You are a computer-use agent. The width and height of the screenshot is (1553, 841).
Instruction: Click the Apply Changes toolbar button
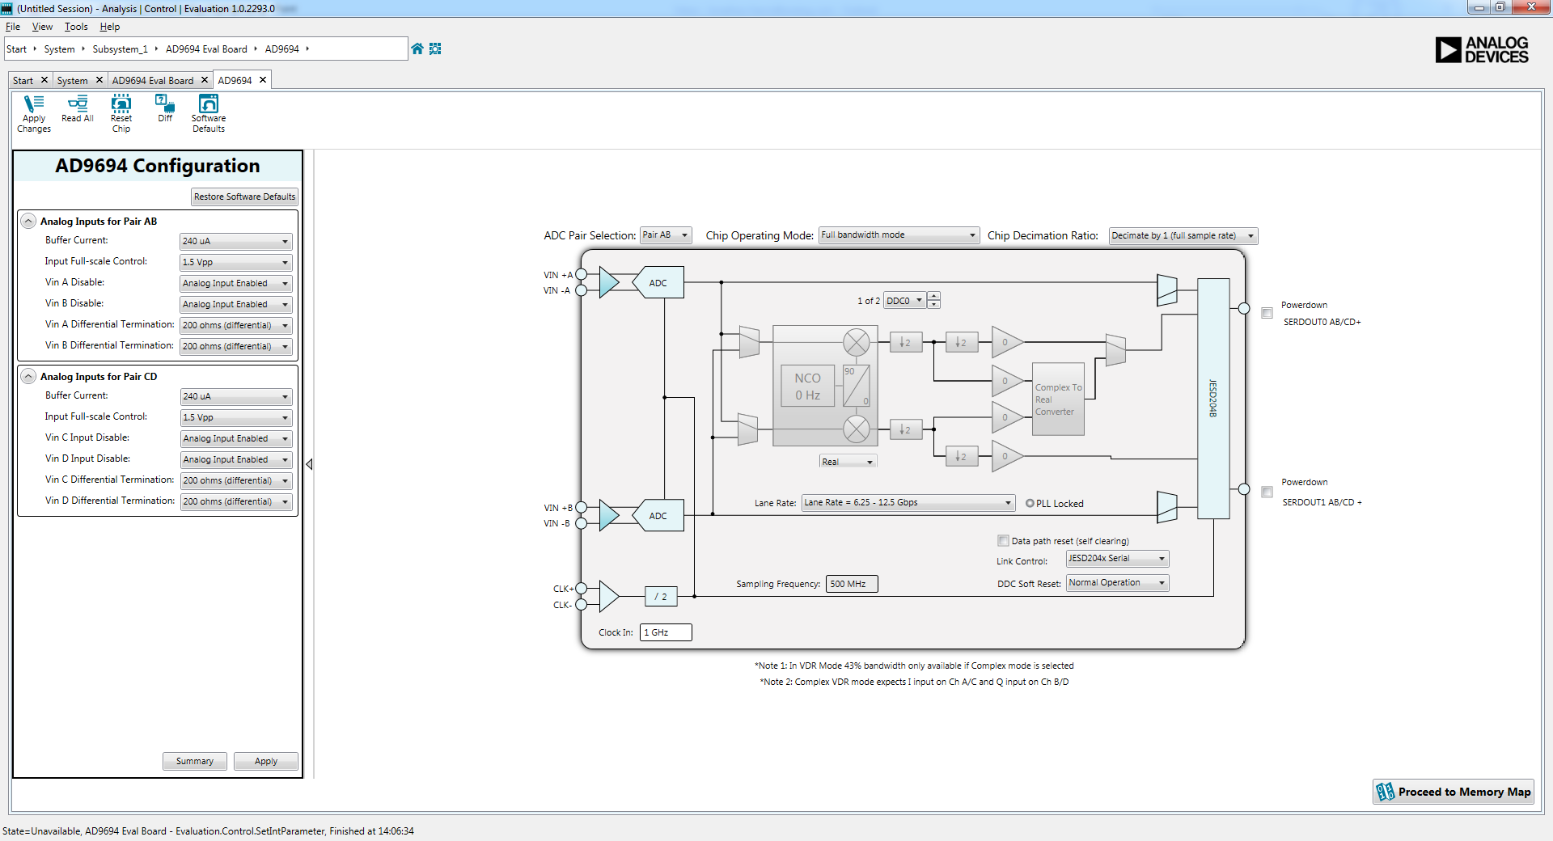(x=34, y=113)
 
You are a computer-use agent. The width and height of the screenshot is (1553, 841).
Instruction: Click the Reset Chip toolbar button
(x=121, y=113)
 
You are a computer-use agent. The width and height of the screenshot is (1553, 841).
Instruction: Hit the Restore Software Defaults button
(x=244, y=197)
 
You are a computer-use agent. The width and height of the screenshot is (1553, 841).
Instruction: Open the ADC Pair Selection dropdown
(x=666, y=235)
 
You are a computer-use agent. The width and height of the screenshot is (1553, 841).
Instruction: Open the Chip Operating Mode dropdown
(x=899, y=235)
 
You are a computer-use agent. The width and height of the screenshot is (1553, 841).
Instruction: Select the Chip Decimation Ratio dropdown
(x=1183, y=236)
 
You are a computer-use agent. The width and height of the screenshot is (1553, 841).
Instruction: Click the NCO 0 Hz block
(x=807, y=387)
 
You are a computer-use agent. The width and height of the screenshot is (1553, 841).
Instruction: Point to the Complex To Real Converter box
(x=1058, y=399)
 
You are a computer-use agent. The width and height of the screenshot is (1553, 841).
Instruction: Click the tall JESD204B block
(x=1213, y=398)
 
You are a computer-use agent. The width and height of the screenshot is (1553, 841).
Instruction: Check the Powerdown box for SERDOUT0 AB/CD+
(x=1267, y=313)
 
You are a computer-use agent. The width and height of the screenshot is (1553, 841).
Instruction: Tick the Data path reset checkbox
(x=1004, y=541)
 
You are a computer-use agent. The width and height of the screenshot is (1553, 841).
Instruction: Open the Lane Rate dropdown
(x=908, y=503)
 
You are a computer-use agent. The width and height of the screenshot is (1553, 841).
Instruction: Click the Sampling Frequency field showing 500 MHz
(x=851, y=584)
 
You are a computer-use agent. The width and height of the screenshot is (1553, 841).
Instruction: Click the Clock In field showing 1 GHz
(x=665, y=632)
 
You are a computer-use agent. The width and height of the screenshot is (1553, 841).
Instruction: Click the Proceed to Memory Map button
(x=1453, y=792)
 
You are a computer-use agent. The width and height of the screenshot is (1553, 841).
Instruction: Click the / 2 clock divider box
(x=661, y=597)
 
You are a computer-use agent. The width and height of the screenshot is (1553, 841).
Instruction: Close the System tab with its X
(x=99, y=80)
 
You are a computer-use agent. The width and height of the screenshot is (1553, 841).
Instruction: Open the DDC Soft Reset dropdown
(x=1117, y=583)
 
